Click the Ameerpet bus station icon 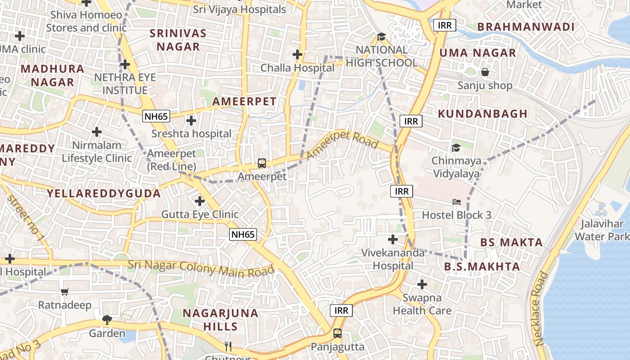tap(261, 163)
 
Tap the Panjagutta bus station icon tap(337, 333)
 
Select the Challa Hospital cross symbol tap(297, 54)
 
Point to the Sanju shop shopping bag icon tap(485, 72)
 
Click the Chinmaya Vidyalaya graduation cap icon tap(456, 148)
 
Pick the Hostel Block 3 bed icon tap(457, 202)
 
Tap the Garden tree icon tap(107, 320)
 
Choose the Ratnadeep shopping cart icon tap(64, 292)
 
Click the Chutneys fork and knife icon tap(228, 346)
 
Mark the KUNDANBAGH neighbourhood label tap(482, 114)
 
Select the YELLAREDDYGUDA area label tap(104, 193)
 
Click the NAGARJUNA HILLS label tap(220, 319)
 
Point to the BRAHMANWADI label tap(526, 27)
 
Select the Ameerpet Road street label tap(342, 144)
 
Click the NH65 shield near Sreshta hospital tap(156, 117)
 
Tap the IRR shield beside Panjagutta tap(342, 310)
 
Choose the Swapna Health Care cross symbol tap(422, 284)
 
